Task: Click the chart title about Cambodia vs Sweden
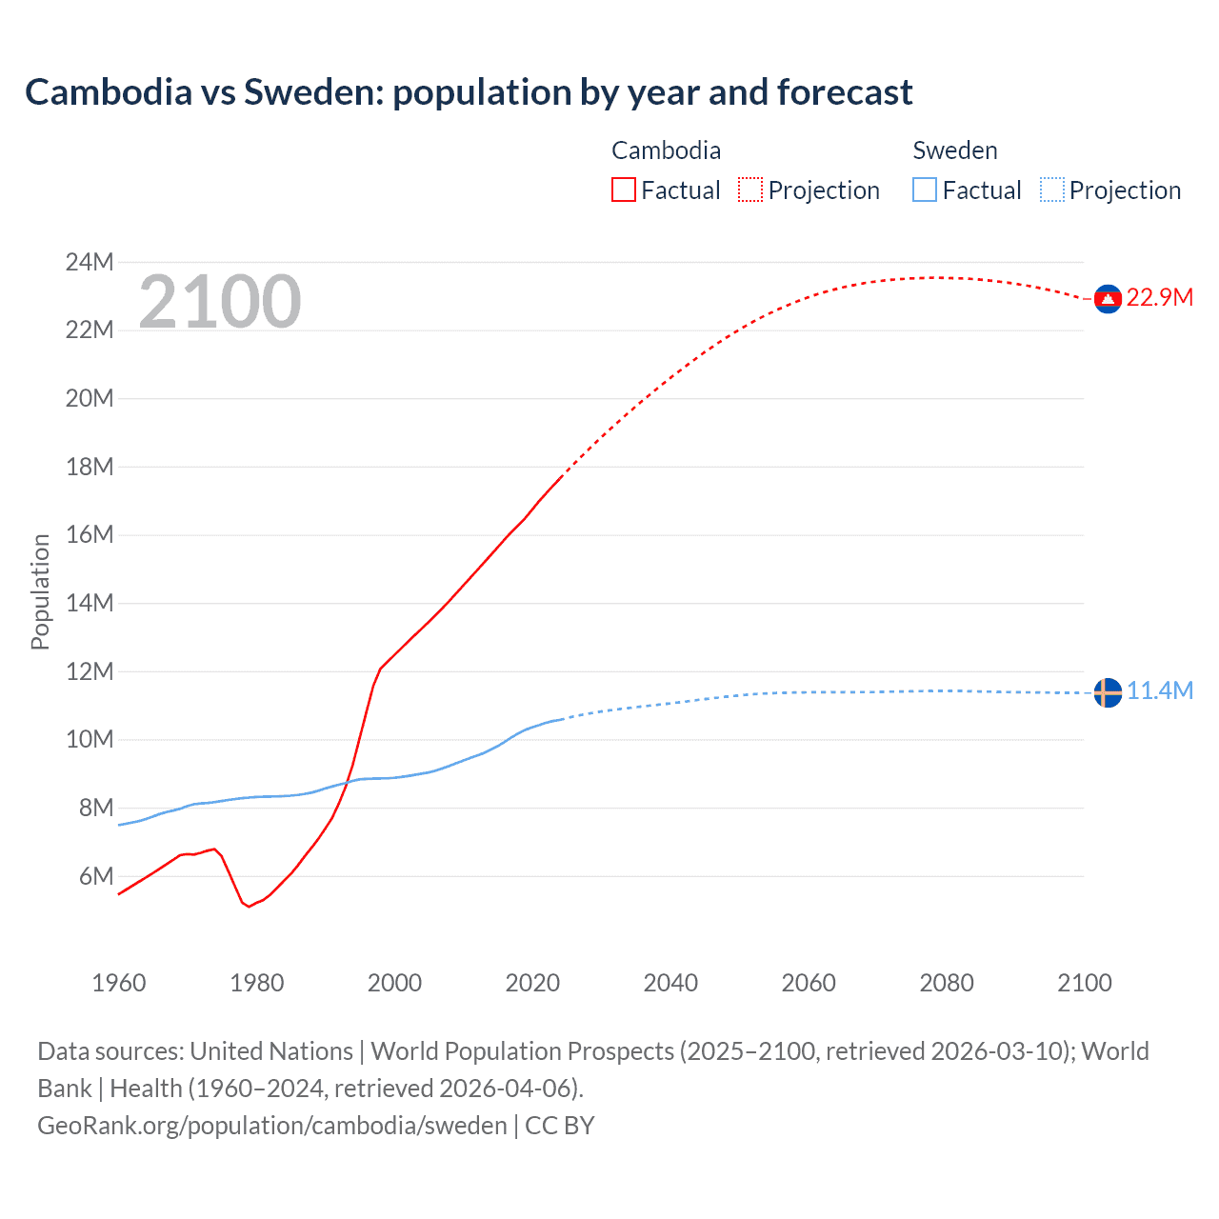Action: (469, 92)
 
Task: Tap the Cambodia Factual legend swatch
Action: (623, 190)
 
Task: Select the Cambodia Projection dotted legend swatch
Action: (750, 190)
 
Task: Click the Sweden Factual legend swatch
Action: (924, 190)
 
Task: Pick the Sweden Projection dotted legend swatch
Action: (1051, 190)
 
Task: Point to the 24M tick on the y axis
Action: (90, 262)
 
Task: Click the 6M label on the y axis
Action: (95, 876)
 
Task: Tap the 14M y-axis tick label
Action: (90, 603)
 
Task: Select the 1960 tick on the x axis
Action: (119, 983)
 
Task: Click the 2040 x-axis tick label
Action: (670, 983)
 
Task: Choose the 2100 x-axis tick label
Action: (1084, 983)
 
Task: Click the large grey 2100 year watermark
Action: (220, 302)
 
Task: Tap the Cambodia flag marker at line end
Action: (1107, 299)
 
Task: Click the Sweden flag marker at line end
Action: (1107, 692)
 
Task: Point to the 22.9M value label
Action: (1159, 298)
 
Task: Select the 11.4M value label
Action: (1159, 691)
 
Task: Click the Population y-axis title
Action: (40, 591)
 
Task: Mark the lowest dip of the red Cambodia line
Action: (250, 907)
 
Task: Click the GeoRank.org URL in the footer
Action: (272, 1126)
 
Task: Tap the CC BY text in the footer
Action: (560, 1126)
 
